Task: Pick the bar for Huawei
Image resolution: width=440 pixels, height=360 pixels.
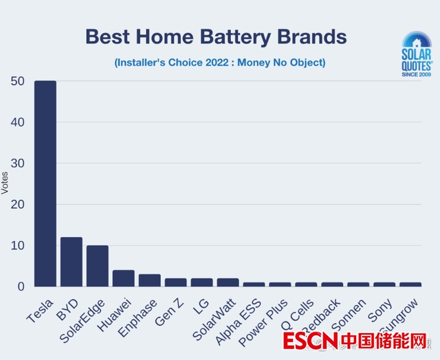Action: pyautogui.click(x=124, y=278)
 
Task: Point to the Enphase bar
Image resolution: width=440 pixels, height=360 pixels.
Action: pyautogui.click(x=150, y=280)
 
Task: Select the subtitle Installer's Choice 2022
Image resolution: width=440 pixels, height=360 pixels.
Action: pyautogui.click(x=220, y=63)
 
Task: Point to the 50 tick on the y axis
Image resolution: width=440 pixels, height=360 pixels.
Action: pyautogui.click(x=19, y=81)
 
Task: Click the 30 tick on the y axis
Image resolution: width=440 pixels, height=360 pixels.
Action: pyautogui.click(x=19, y=164)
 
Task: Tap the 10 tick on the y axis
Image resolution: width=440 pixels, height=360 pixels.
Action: pyautogui.click(x=19, y=246)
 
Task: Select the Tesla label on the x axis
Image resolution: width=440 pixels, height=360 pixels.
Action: pyautogui.click(x=40, y=308)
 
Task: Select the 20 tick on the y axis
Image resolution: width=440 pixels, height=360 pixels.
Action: pyautogui.click(x=19, y=205)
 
